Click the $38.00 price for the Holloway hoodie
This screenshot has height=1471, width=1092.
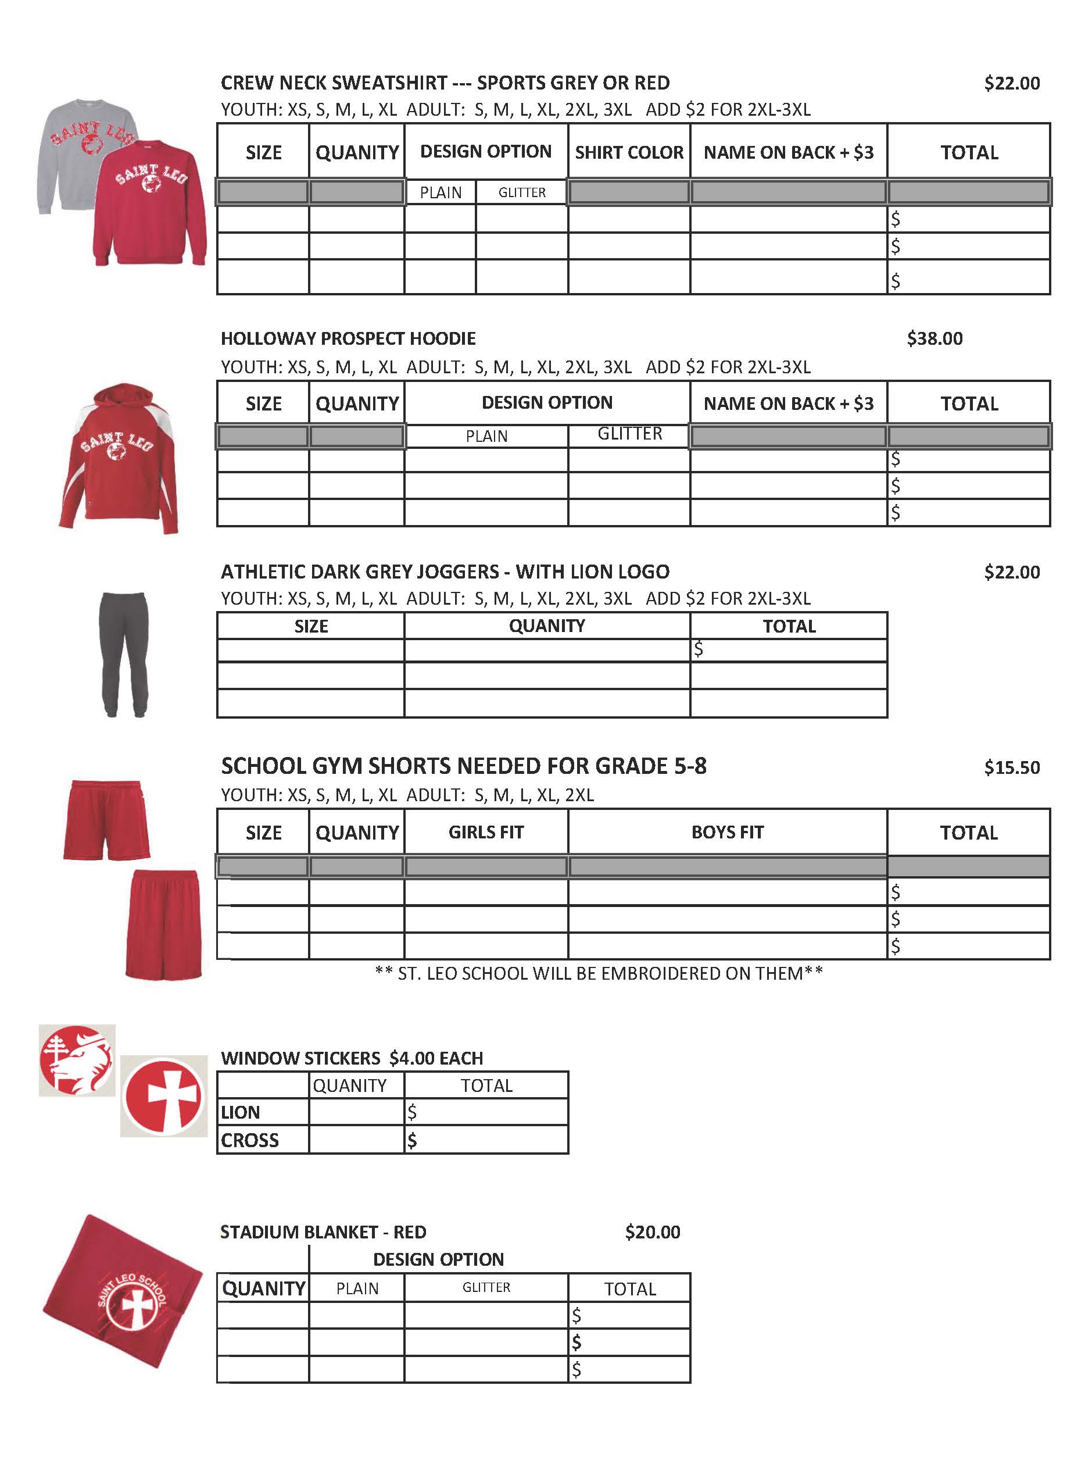point(934,338)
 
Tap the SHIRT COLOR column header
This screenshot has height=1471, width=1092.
point(629,152)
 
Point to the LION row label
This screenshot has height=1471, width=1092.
point(241,1112)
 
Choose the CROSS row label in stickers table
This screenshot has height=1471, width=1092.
point(250,1140)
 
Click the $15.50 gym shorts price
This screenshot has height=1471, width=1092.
point(1011,767)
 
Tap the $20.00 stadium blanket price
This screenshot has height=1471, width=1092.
point(653,1231)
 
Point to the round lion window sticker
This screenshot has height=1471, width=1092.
point(77,1060)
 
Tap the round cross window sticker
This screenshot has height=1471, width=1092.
point(164,1095)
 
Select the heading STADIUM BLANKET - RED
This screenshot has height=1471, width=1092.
point(323,1231)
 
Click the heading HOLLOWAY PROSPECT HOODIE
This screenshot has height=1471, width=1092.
point(348,338)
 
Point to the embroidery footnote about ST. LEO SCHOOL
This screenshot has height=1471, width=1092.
point(598,973)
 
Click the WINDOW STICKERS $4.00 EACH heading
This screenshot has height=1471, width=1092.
point(352,1058)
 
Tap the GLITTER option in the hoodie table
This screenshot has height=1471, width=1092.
point(629,434)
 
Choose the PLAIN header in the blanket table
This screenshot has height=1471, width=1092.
point(357,1288)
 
